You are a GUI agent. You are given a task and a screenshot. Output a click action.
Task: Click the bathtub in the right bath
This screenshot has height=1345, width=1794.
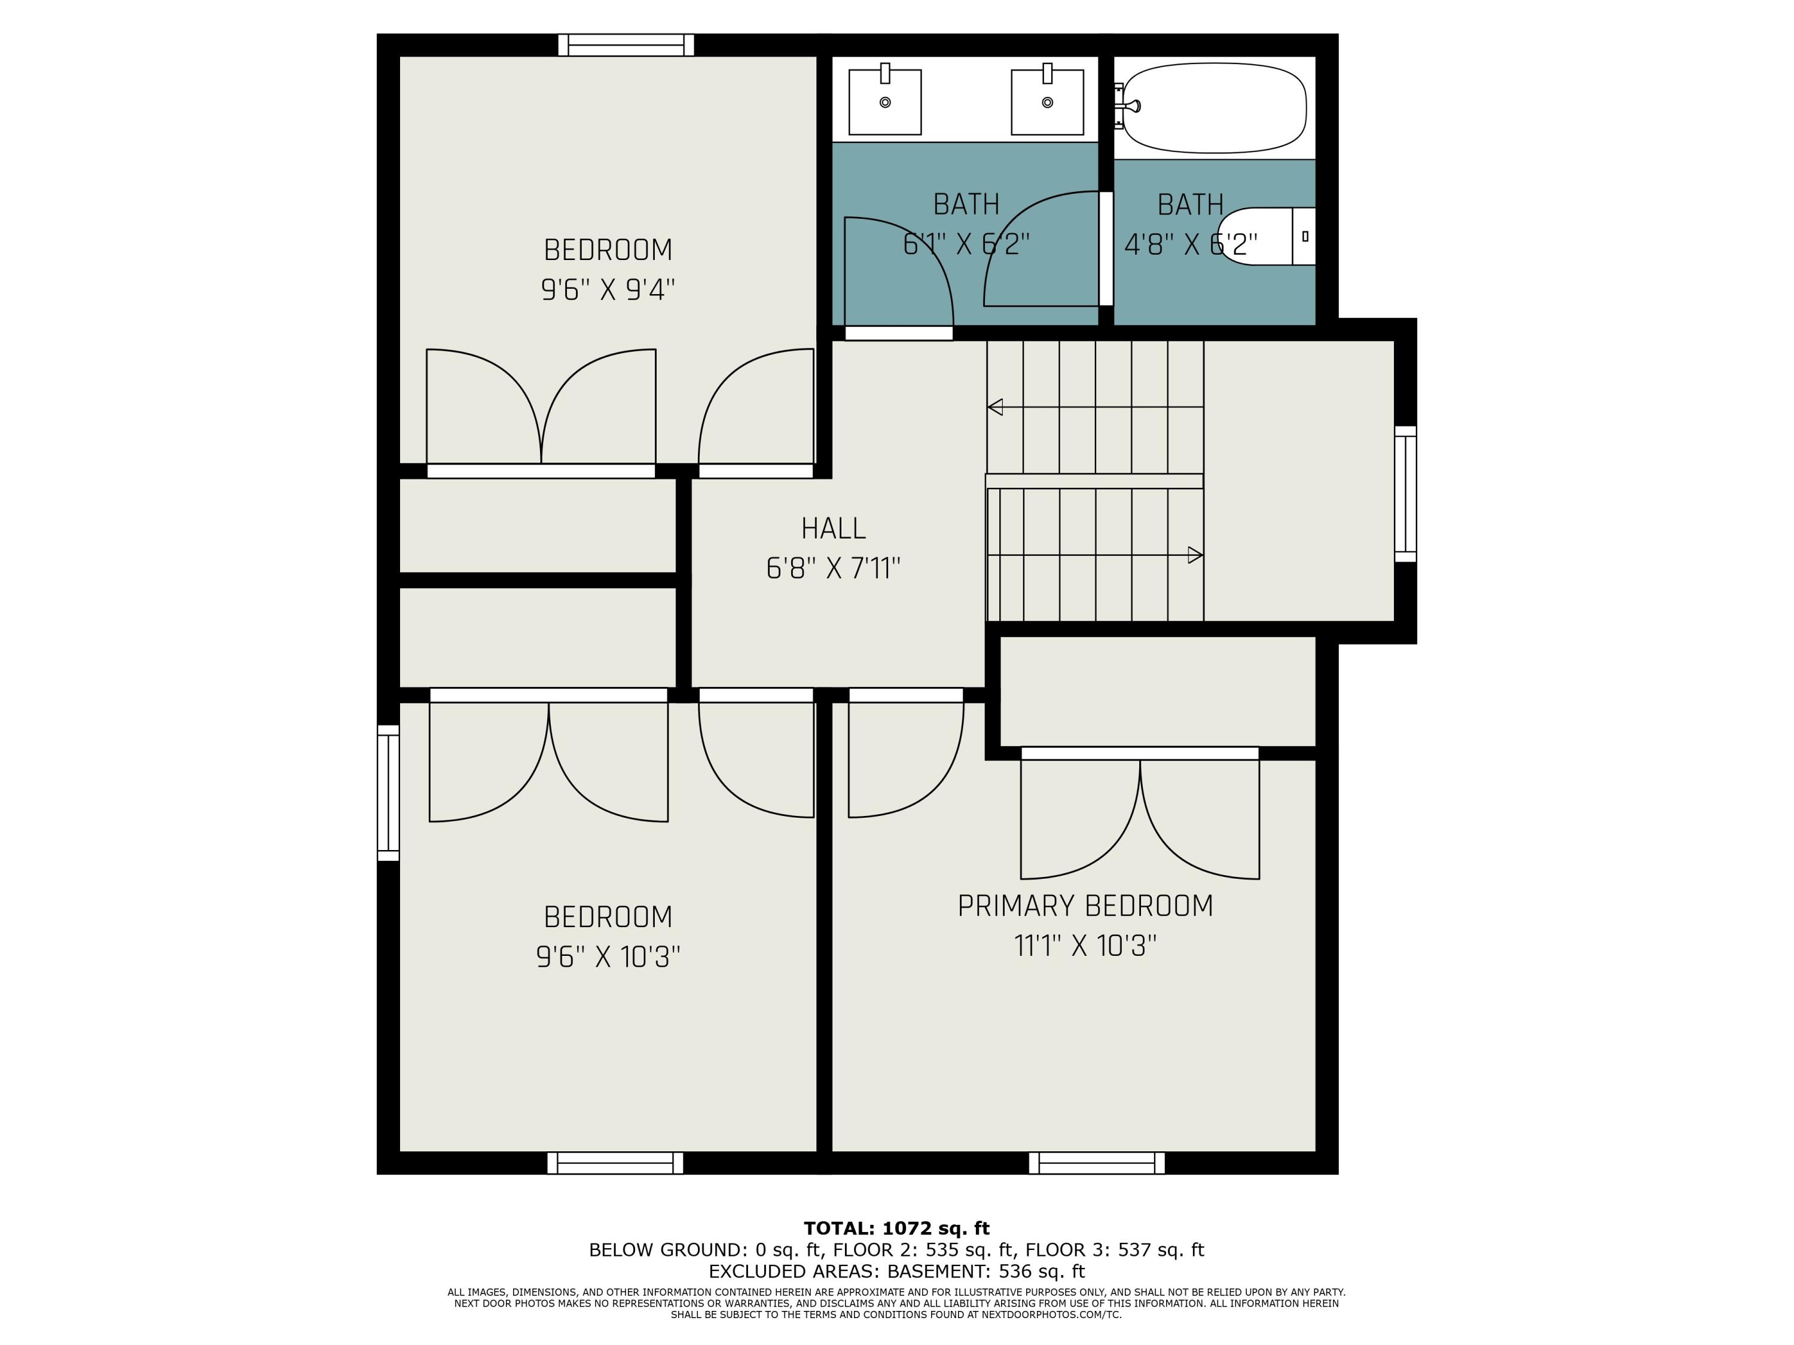[1214, 108]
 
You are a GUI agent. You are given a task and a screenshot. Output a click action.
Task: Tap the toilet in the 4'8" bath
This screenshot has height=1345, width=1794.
[1266, 236]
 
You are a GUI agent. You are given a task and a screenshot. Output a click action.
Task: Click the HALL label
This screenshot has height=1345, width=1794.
[834, 528]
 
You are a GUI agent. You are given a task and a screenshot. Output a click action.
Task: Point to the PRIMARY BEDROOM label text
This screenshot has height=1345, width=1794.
[1085, 906]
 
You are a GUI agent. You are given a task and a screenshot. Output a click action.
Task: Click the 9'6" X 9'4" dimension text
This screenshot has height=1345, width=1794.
[608, 289]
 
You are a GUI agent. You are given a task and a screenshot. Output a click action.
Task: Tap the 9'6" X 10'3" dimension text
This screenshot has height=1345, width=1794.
[608, 958]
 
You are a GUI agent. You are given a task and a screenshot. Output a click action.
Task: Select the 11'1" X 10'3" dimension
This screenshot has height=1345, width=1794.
[1085, 945]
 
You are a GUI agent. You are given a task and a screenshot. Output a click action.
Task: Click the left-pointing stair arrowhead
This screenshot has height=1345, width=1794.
[995, 407]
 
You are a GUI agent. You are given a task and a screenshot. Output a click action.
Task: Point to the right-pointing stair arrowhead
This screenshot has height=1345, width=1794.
[1195, 555]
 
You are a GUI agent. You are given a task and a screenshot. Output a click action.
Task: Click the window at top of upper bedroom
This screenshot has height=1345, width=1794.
[626, 45]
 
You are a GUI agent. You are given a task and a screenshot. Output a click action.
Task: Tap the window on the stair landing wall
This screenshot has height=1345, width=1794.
[1405, 494]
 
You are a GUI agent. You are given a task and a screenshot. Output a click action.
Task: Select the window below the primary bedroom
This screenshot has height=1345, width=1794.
[1097, 1163]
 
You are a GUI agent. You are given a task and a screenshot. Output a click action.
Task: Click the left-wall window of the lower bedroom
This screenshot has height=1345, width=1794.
[389, 793]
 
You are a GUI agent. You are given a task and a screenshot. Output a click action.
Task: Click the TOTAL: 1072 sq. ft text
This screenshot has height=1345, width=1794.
[897, 1229]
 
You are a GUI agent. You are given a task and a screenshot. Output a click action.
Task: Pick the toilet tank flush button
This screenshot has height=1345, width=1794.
[1305, 236]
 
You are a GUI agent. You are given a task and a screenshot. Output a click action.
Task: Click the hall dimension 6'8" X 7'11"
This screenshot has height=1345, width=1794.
[834, 568]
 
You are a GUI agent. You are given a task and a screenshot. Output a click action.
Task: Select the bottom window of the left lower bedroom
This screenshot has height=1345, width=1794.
[615, 1163]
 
